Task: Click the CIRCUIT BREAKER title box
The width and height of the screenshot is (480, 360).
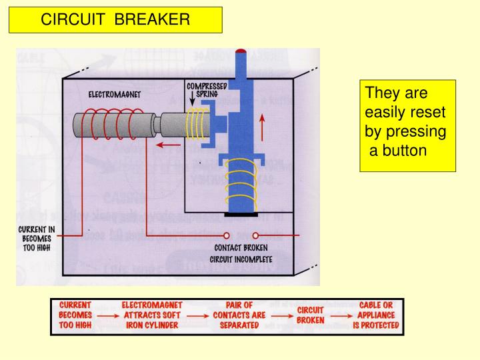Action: [115, 19]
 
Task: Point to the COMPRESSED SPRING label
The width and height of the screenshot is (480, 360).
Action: [207, 90]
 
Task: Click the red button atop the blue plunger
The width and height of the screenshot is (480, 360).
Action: [241, 51]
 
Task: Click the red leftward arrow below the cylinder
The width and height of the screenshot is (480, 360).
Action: [170, 143]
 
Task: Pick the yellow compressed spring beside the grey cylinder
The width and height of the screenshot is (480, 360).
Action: [196, 125]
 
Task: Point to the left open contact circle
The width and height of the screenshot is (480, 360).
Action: [227, 235]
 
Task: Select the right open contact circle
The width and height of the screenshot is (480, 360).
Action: [255, 235]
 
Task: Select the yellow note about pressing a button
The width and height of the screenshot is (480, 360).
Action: [407, 126]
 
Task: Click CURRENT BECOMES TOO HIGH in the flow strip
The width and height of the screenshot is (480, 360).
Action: [75, 315]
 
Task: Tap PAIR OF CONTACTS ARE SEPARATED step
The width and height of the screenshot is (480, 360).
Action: [239, 315]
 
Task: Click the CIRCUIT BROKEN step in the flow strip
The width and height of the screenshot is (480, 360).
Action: [310, 315]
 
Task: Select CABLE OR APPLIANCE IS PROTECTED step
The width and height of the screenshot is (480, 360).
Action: [375, 315]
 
